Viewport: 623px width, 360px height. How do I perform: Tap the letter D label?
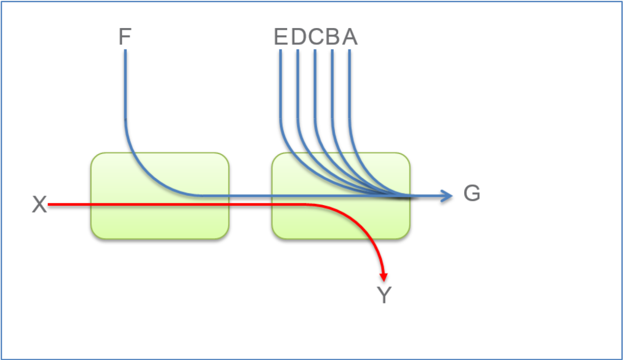point(298,38)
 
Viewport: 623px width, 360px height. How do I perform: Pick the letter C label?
point(315,38)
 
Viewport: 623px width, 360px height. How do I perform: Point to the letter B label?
point(333,38)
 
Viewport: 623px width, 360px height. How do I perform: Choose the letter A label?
point(350,38)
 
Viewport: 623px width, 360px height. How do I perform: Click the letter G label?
point(472,194)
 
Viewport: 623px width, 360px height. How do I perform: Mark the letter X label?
point(39,205)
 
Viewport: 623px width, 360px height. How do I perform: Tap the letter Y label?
point(384,296)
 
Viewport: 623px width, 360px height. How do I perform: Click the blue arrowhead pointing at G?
point(448,196)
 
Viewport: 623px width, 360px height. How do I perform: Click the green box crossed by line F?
point(160,221)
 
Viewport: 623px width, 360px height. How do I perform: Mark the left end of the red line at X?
point(49,204)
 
